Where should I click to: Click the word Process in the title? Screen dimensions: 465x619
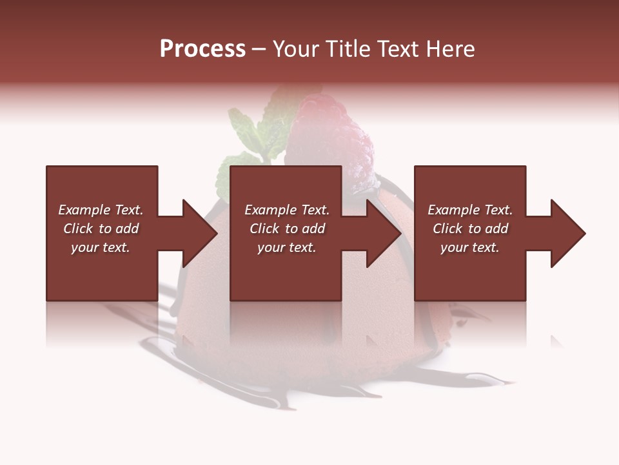click(202, 49)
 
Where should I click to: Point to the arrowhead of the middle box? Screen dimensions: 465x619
click(383, 233)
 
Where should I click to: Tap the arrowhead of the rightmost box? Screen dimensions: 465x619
click(567, 233)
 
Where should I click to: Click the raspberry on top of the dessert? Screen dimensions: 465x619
click(329, 139)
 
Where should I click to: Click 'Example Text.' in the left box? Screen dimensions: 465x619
click(101, 210)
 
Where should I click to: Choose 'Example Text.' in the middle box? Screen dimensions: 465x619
click(287, 210)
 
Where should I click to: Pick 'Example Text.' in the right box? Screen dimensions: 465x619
click(470, 210)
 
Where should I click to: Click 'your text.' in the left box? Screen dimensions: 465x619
click(101, 247)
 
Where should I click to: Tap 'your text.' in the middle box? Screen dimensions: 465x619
click(287, 247)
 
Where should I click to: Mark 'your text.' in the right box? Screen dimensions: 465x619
click(470, 247)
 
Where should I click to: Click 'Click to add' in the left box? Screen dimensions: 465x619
click(101, 229)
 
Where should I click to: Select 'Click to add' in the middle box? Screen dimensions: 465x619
click(287, 229)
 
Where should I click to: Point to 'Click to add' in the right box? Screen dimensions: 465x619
click(470, 229)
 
